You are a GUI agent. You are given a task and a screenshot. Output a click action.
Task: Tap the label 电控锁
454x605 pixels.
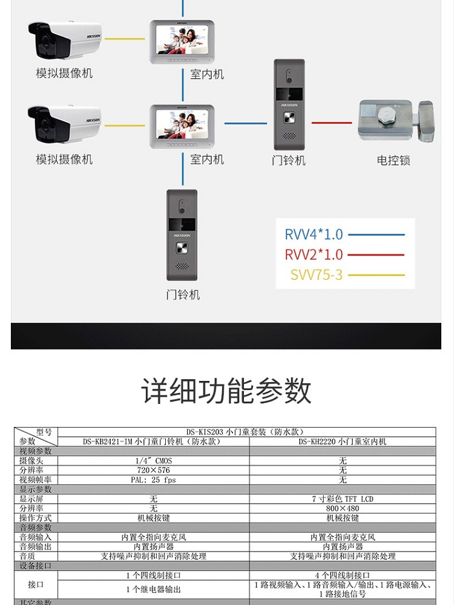[x=393, y=160]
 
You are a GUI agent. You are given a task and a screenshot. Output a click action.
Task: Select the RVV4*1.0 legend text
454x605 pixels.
[x=314, y=234]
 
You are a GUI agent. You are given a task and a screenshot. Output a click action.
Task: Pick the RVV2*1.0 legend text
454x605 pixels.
[x=314, y=254]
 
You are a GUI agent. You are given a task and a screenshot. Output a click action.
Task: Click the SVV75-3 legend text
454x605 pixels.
[x=316, y=275]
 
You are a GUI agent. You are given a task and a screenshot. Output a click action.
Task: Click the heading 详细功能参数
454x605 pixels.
[x=226, y=391]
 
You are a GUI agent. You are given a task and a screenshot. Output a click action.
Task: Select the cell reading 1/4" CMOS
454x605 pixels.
[x=154, y=461]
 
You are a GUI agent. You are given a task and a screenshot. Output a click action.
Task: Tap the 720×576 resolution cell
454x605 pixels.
[x=154, y=471]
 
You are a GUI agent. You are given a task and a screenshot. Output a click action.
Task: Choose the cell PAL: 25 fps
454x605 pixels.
[x=154, y=480]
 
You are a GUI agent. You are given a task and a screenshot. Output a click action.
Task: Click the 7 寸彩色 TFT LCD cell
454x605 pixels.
[x=343, y=499]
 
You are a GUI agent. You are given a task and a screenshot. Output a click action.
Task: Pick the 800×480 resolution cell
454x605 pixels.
[x=343, y=509]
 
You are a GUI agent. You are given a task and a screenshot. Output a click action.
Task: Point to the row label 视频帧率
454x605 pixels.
[x=36, y=480]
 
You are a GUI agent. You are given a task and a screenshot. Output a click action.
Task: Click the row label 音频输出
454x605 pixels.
[x=36, y=546]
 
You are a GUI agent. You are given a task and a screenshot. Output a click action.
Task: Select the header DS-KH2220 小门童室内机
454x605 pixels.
[x=343, y=441]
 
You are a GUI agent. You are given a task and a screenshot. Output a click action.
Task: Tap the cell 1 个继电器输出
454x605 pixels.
[x=154, y=589]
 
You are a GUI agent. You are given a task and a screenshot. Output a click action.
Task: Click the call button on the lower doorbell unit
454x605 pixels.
[x=182, y=248]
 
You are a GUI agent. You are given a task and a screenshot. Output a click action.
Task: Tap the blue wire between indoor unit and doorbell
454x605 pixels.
[x=245, y=124]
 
